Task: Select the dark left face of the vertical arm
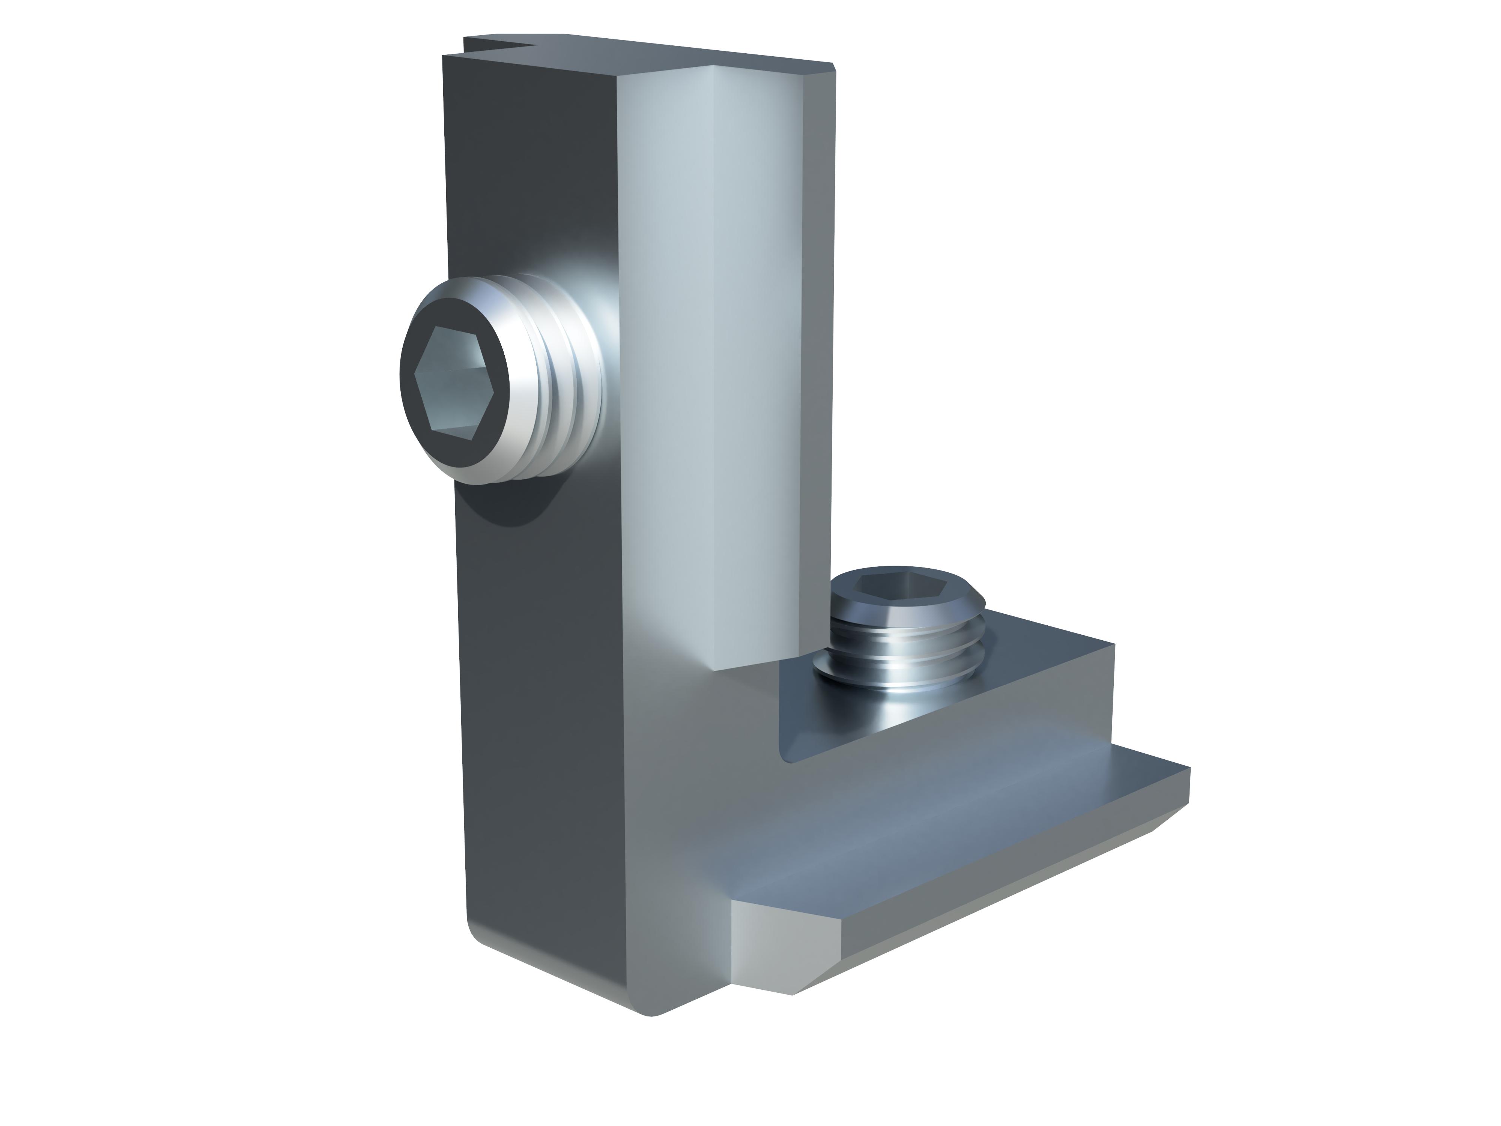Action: pyautogui.click(x=529, y=679)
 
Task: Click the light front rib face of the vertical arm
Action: pyautogui.click(x=678, y=339)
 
